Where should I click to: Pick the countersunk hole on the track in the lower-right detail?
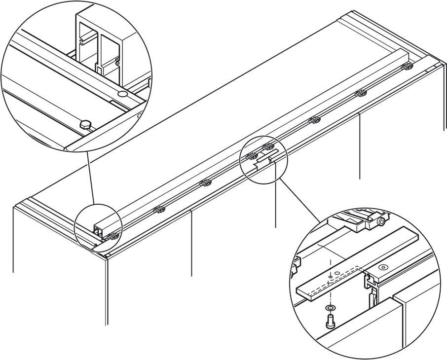tap(382, 266)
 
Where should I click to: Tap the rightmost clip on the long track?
tap(408, 66)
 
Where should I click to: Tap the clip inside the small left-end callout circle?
tap(113, 235)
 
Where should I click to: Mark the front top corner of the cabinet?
tap(106, 256)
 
